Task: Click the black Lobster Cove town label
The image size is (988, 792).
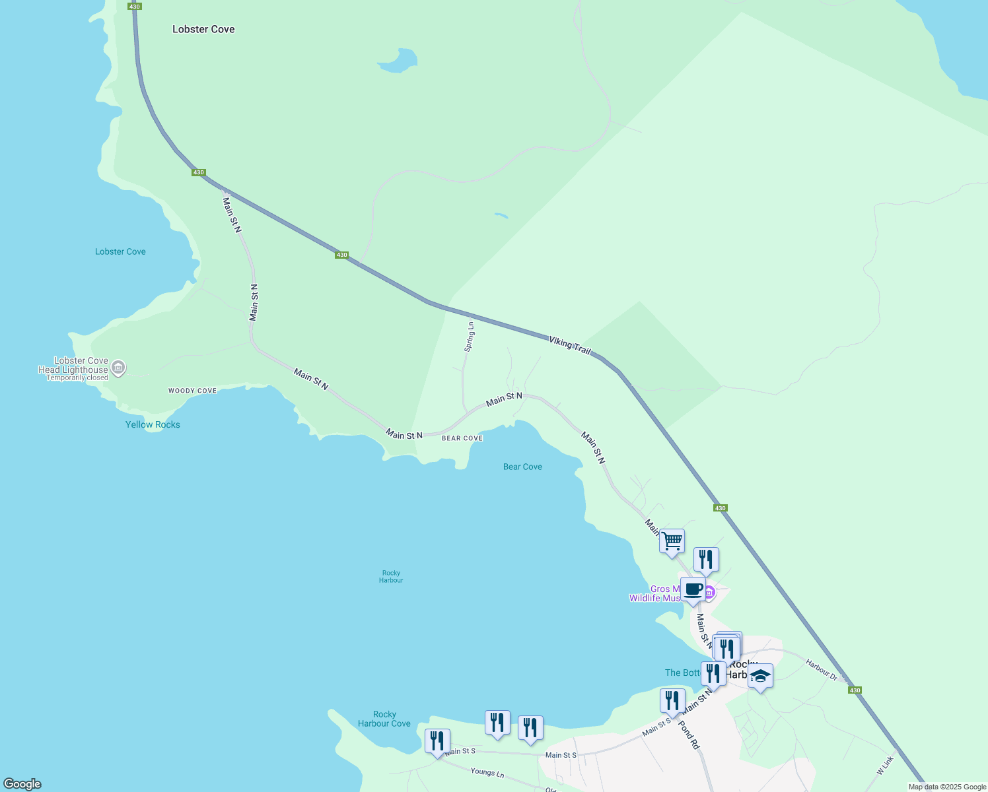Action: (x=203, y=29)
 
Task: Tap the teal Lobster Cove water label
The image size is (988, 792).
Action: (x=120, y=251)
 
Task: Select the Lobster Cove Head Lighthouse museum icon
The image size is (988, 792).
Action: (x=118, y=368)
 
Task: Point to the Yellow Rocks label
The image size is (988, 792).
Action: (x=153, y=424)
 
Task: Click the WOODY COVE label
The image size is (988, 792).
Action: (x=192, y=391)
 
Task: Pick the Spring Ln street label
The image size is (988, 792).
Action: (x=470, y=337)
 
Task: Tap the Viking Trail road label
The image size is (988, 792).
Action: (x=569, y=345)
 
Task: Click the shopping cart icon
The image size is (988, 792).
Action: (x=672, y=541)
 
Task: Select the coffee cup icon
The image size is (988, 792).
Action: (x=693, y=589)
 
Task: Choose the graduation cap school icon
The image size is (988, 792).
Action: (x=760, y=676)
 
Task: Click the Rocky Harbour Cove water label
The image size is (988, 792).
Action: (x=384, y=719)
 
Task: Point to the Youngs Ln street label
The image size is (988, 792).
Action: (x=487, y=772)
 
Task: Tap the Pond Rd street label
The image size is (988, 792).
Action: (x=688, y=735)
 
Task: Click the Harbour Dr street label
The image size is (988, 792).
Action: (x=822, y=669)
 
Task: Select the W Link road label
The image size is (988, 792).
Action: (x=885, y=766)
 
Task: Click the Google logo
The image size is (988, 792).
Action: (x=22, y=784)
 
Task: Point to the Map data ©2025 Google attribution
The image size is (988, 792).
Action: (x=947, y=787)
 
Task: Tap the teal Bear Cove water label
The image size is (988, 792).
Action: (x=522, y=467)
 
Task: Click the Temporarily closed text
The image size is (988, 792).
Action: (x=77, y=378)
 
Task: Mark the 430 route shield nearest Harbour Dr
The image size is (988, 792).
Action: (x=855, y=690)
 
